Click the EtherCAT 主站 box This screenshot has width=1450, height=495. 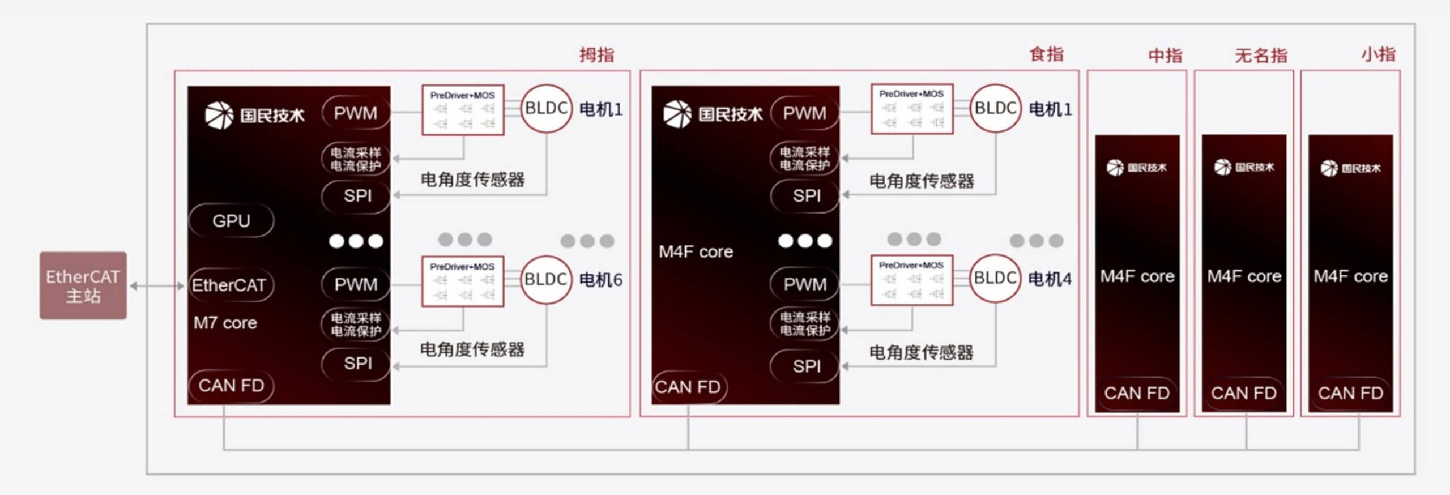pos(83,285)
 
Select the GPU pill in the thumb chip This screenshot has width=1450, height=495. pos(231,220)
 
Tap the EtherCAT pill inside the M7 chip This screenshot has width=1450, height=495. pos(229,285)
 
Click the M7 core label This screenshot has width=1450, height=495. pos(225,323)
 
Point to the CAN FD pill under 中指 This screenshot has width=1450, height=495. pos(1136,392)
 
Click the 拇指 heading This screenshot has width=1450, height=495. pos(596,55)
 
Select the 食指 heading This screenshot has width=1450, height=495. pos(1046,54)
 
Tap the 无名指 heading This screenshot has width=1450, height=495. pos(1261,56)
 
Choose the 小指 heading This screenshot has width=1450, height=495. pos(1378,54)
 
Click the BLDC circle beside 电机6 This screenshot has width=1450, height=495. pos(546,279)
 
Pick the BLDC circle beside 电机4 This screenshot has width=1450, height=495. pos(995,278)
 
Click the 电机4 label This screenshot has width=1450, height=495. pos(1050,279)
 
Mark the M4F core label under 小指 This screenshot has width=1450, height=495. pos(1350,276)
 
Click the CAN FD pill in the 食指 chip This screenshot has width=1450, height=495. pos(688,387)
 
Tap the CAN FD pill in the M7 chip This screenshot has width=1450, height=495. pos(231,386)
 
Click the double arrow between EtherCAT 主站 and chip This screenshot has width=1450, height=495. pos(157,286)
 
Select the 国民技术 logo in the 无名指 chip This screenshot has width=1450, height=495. pos(1244,167)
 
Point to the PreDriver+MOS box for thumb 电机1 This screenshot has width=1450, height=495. pos(463,110)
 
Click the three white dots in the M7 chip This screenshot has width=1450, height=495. pos(356,241)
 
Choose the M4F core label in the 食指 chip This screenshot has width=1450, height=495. pos(696,251)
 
